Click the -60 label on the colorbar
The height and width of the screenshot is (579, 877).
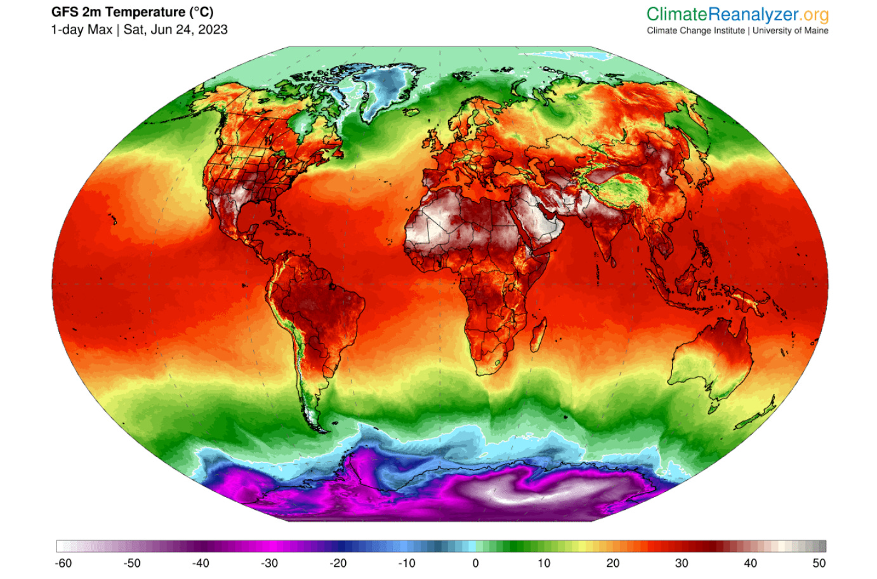(63, 563)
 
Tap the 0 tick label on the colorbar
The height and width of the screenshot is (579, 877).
(475, 563)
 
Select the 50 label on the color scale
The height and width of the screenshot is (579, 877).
(819, 563)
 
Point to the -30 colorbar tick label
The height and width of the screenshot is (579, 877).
(269, 563)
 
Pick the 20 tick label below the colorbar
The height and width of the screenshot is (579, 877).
(612, 563)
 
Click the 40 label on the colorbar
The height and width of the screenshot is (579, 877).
(750, 563)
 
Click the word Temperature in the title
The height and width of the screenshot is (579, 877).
(147, 12)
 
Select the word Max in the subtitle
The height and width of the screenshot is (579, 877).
(100, 30)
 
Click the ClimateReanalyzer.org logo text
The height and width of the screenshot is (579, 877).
(737, 14)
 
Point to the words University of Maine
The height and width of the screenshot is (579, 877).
(790, 30)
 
